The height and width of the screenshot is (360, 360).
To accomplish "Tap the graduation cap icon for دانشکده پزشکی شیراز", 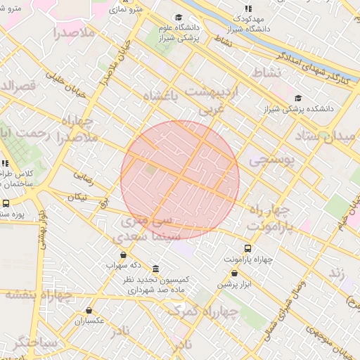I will point(299,98).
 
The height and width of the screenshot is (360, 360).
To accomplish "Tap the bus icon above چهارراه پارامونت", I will point(247,248).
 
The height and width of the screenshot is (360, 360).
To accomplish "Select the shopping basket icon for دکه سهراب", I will point(124,255).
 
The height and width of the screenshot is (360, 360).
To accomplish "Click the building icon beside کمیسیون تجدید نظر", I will point(155,269).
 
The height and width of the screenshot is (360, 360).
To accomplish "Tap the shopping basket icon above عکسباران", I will point(89,310).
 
